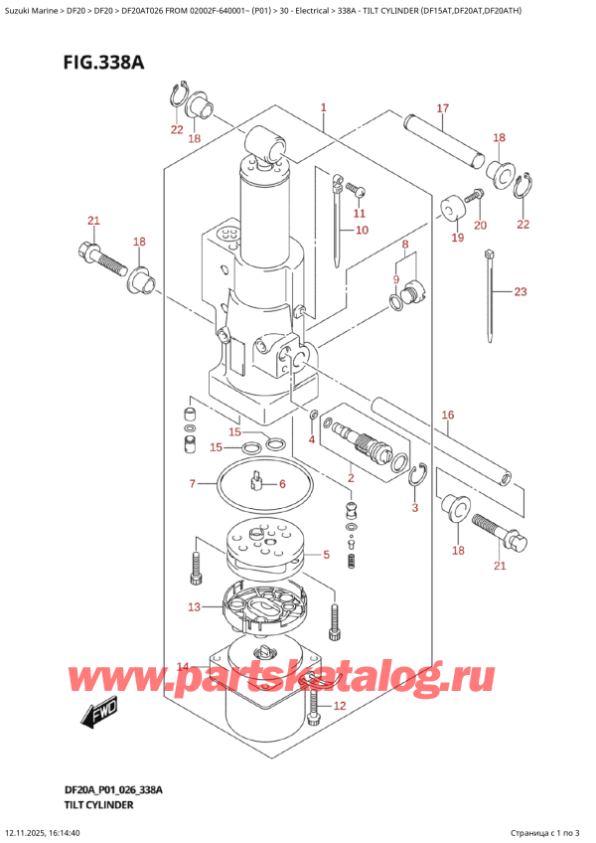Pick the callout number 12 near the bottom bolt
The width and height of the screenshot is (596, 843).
tap(340, 706)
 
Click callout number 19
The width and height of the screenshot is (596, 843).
tap(457, 238)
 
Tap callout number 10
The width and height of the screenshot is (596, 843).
tap(362, 231)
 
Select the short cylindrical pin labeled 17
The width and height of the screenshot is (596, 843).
tap(442, 139)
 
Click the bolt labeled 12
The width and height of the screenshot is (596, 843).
tap(316, 708)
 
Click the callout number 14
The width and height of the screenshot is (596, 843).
tap(182, 667)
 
